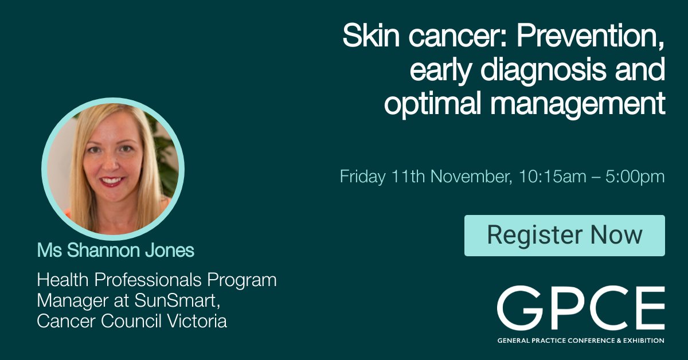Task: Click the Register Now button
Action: click(564, 235)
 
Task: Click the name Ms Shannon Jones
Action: click(116, 251)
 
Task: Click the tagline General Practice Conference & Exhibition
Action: click(580, 341)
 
